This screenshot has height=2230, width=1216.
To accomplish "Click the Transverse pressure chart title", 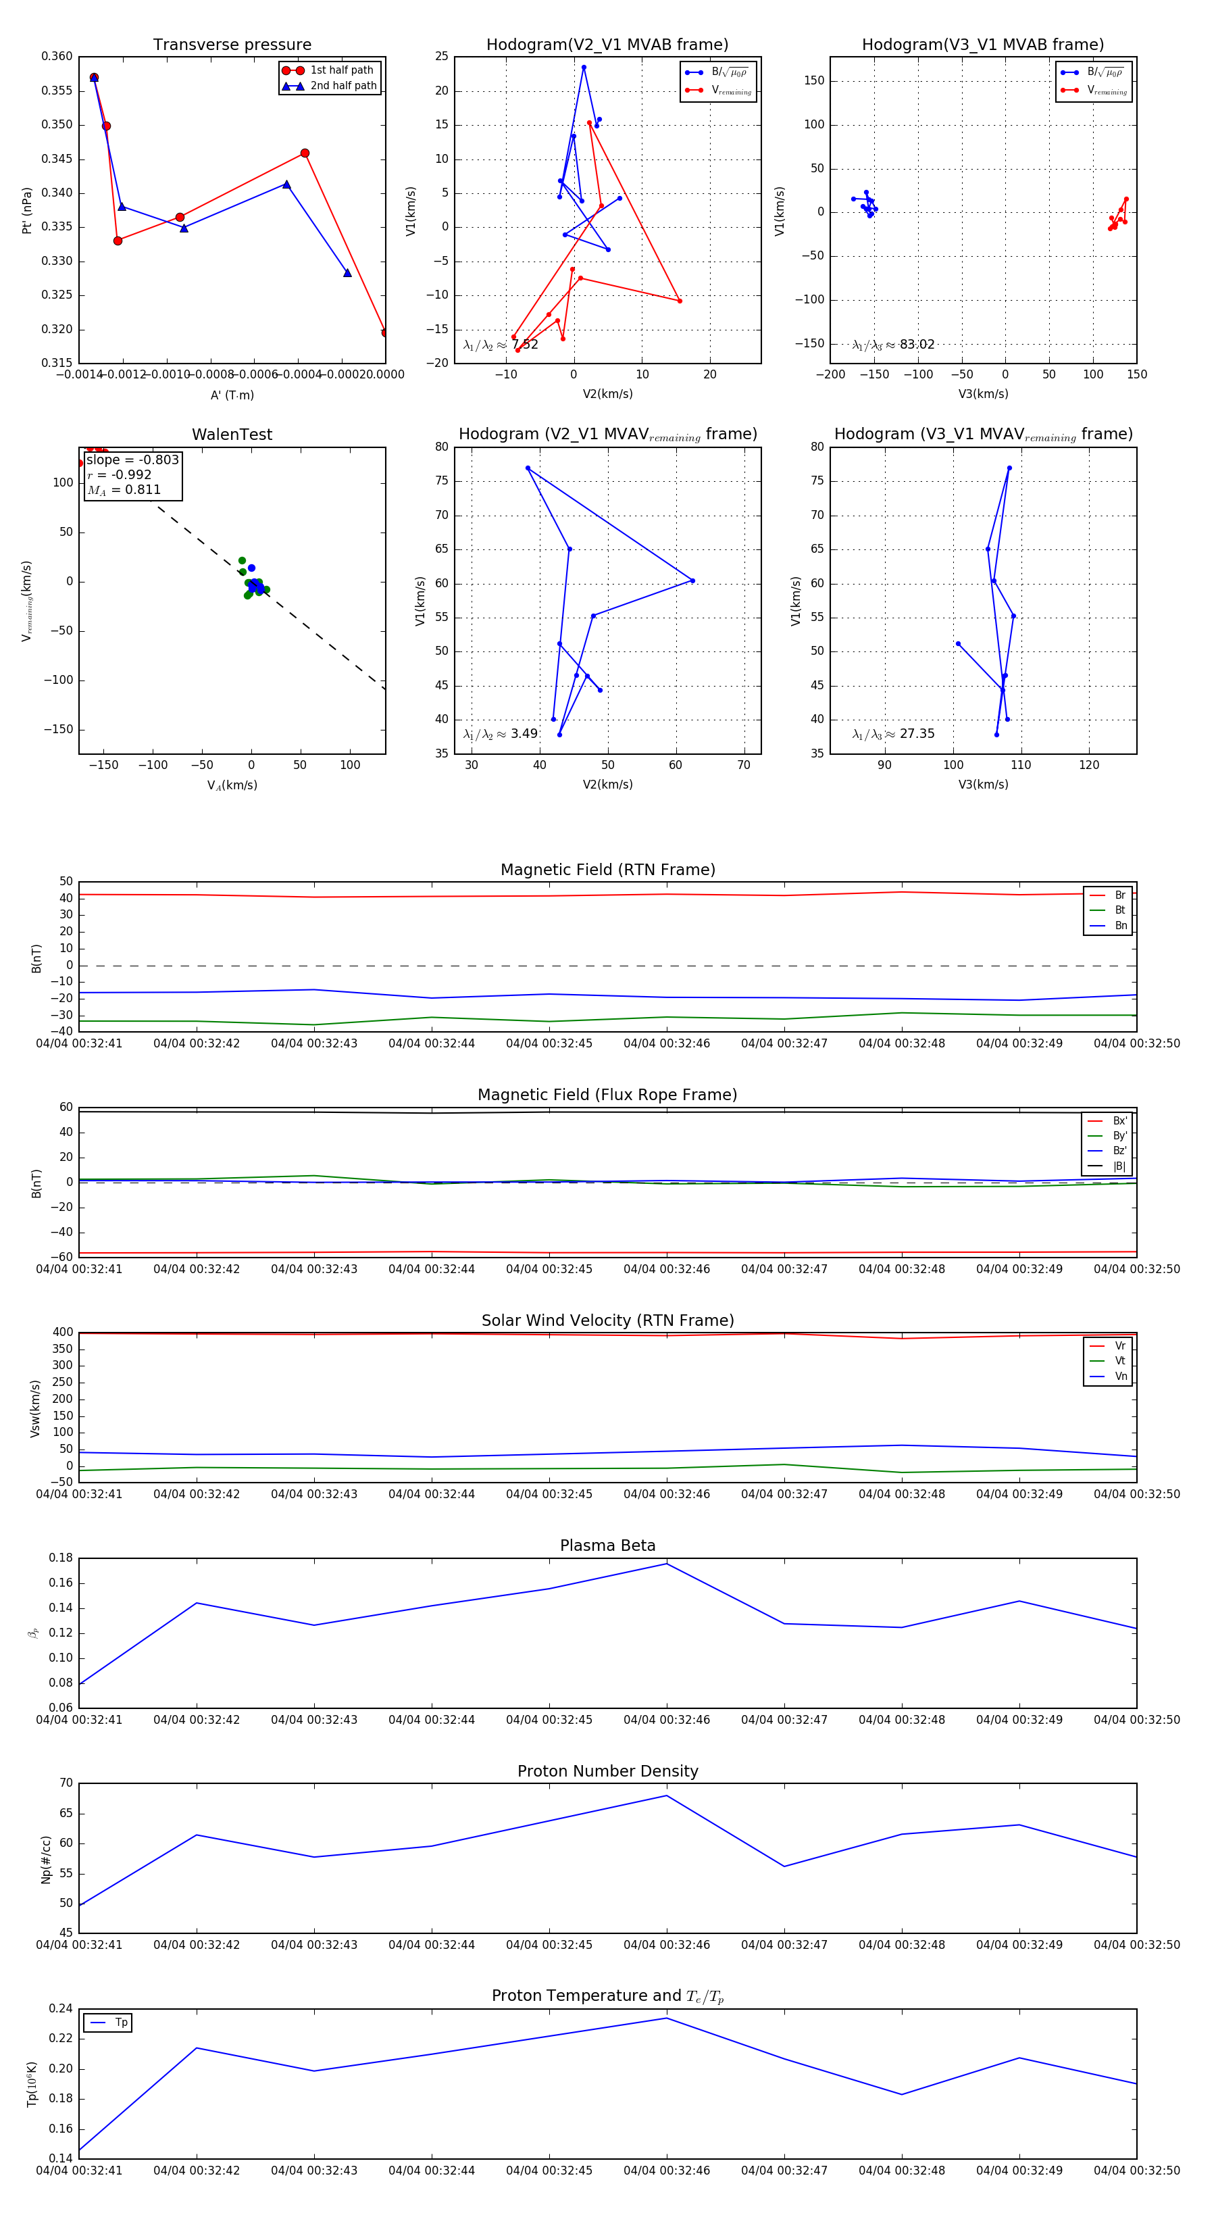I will click(232, 45).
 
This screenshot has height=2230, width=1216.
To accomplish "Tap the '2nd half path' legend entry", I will click(343, 86).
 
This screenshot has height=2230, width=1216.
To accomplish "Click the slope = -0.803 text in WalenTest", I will click(132, 460).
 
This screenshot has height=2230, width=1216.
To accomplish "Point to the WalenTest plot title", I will click(232, 435).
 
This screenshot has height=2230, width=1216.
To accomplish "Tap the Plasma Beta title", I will click(607, 1545).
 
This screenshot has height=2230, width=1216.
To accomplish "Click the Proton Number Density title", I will click(607, 1771).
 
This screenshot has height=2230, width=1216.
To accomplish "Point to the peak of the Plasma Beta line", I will click(666, 1564).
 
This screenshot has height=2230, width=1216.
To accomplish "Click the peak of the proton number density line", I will click(666, 1795).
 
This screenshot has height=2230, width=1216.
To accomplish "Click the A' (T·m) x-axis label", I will click(232, 395).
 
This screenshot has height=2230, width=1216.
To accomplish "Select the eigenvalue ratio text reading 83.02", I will click(917, 345).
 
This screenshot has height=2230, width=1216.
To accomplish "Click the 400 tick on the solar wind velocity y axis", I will click(61, 1333).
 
